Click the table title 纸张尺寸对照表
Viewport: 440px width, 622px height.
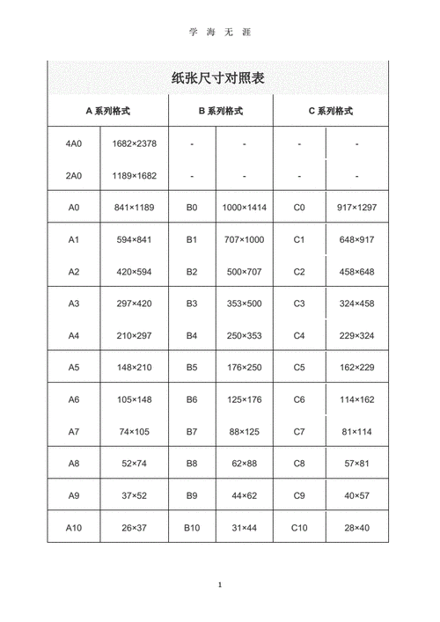point(219,78)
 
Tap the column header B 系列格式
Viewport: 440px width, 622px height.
point(220,111)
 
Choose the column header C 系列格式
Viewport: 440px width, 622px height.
point(331,111)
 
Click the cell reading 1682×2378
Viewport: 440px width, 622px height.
point(134,143)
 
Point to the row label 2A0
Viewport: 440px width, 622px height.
point(74,175)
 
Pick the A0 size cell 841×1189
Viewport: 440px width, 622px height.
point(134,208)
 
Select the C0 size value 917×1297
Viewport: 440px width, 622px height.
point(356,208)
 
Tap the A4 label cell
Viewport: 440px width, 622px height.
point(74,335)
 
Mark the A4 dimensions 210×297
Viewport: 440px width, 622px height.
point(134,335)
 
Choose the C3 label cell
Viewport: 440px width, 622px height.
point(299,304)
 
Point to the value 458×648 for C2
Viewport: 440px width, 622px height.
point(356,272)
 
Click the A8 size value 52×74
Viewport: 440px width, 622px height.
point(134,463)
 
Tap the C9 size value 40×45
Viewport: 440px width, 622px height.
point(356,495)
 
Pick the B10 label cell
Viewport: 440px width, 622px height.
point(192,527)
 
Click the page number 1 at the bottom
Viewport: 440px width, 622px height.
point(219,585)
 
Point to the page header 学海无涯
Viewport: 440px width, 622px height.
point(219,32)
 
